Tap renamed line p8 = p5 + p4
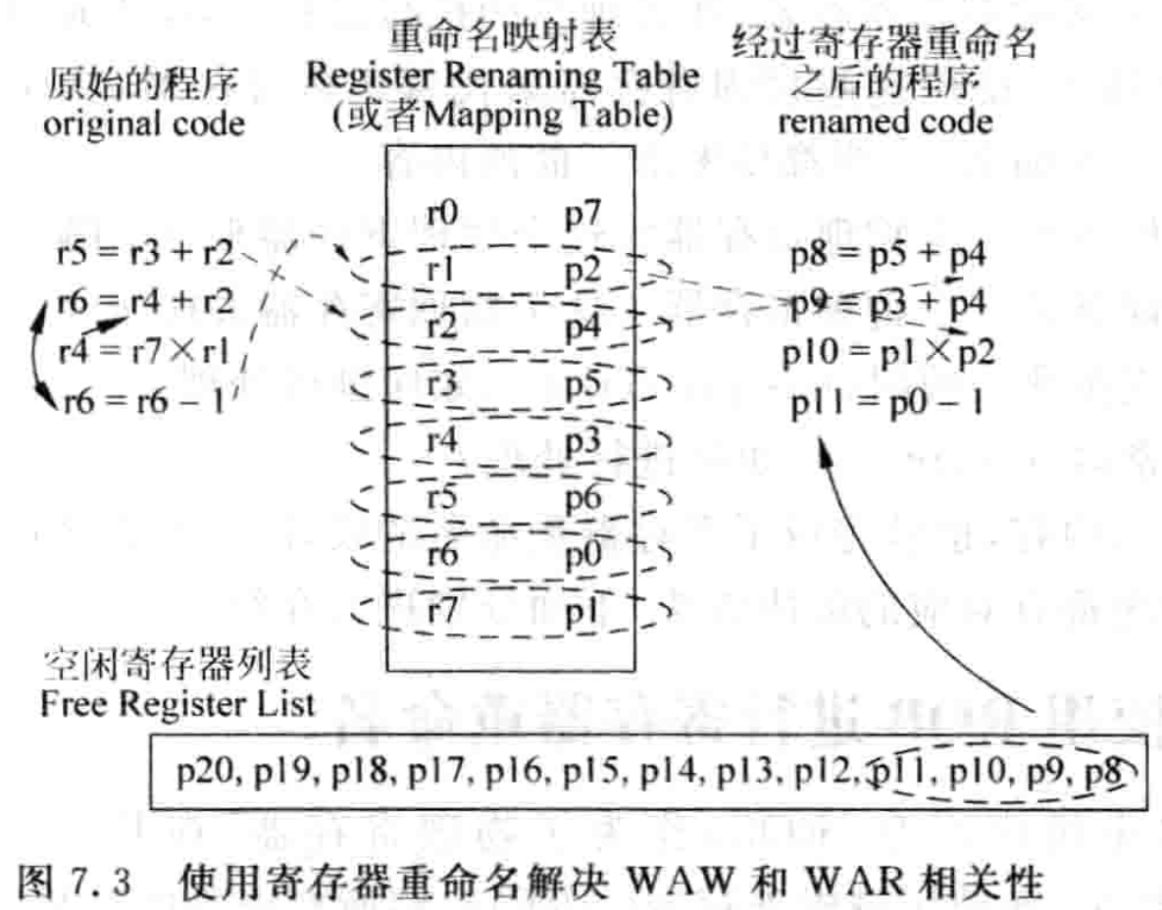click(x=889, y=257)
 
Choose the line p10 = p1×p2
click(x=889, y=352)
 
